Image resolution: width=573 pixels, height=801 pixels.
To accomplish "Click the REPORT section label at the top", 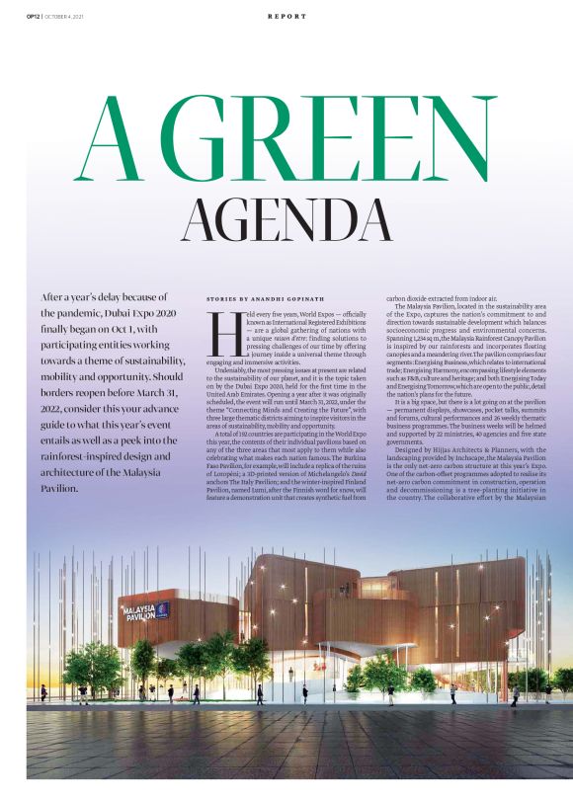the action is pos(286,16).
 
